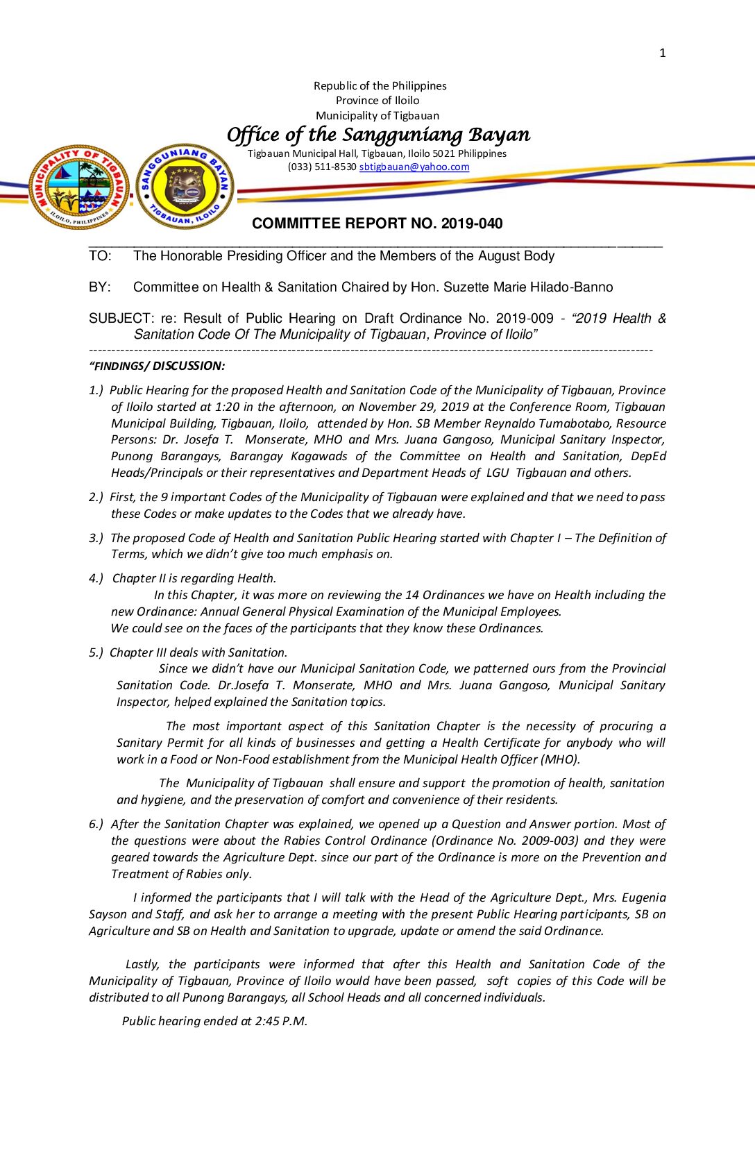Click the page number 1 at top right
pyautogui.click(x=663, y=53)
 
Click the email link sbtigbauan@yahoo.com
pyautogui.click(x=414, y=167)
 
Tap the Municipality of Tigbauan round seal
pyautogui.click(x=79, y=186)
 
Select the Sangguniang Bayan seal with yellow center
pyautogui.click(x=185, y=186)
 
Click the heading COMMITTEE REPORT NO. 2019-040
pyautogui.click(x=377, y=224)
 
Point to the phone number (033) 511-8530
pyautogui.click(x=322, y=167)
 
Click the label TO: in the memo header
pyautogui.click(x=100, y=256)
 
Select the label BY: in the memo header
pyautogui.click(x=99, y=287)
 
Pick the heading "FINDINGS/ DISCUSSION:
pyautogui.click(x=157, y=366)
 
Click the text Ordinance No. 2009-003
pyautogui.click(x=505, y=841)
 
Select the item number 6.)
pyautogui.click(x=96, y=824)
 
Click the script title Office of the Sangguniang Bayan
pyautogui.click(x=378, y=134)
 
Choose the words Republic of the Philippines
pyautogui.click(x=380, y=86)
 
